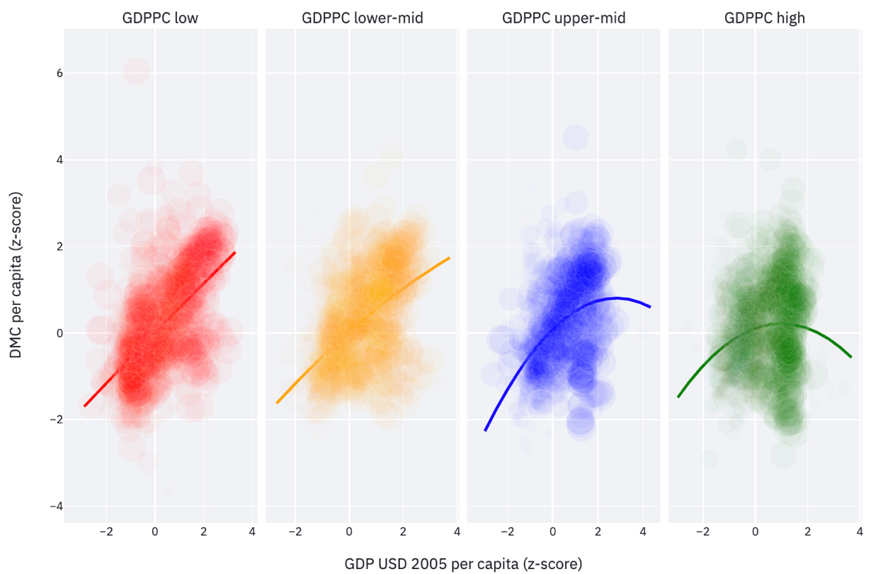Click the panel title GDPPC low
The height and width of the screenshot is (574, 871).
(160, 18)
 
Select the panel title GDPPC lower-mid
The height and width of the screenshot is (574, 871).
(362, 18)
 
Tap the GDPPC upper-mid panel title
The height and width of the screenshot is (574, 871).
(564, 18)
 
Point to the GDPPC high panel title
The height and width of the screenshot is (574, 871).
(765, 18)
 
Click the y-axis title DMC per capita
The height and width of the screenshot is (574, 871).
(16, 275)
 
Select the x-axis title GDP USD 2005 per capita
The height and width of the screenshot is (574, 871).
(463, 564)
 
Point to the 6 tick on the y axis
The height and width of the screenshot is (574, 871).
(50, 73)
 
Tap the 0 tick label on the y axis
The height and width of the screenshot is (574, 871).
(50, 333)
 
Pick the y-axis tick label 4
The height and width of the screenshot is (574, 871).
(50, 160)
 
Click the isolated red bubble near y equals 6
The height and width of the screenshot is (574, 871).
(137, 70)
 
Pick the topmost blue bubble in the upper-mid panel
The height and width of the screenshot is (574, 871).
(576, 137)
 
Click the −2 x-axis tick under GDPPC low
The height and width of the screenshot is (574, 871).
(106, 532)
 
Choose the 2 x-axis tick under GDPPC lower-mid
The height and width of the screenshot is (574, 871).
(403, 532)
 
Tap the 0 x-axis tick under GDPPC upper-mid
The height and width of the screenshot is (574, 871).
(552, 532)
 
